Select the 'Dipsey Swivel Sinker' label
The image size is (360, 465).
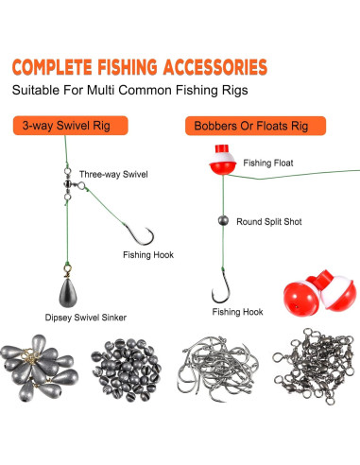point(85,318)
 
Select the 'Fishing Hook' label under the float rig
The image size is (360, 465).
point(238,311)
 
